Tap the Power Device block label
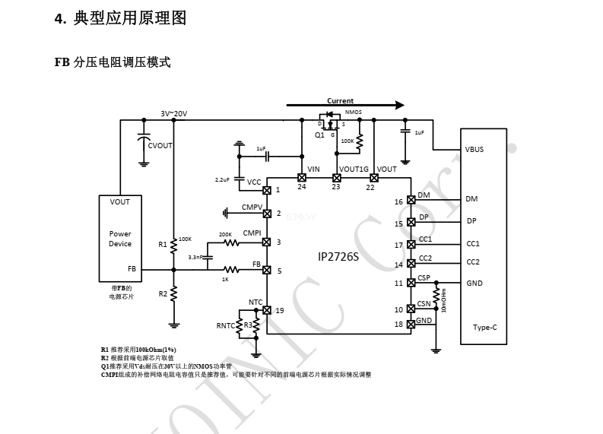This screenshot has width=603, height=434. click(120, 239)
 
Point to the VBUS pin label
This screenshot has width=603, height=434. click(474, 150)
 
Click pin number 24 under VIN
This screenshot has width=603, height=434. click(302, 187)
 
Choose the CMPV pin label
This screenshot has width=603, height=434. click(252, 207)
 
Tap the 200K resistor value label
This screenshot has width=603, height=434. click(225, 234)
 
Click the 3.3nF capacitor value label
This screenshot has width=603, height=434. click(195, 258)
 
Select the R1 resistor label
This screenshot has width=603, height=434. click(163, 244)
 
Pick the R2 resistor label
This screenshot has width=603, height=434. click(163, 293)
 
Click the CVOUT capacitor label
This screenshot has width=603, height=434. click(160, 145)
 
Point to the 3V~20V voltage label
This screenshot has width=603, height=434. click(173, 113)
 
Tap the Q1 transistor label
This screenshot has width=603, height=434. click(319, 135)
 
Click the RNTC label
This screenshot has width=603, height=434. click(225, 325)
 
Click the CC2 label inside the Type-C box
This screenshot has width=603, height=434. click(473, 262)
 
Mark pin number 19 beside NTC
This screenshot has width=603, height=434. click(280, 310)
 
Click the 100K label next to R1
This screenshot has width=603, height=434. click(185, 239)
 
